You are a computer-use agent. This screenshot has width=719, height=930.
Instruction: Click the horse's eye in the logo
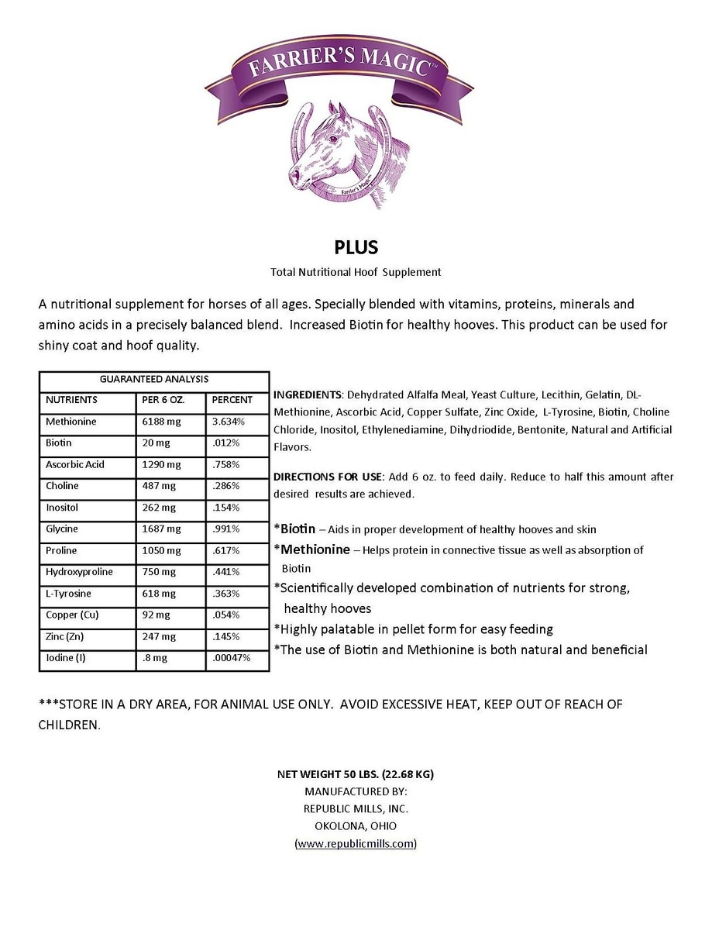click(x=334, y=139)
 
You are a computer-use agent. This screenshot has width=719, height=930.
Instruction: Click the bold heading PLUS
click(x=356, y=247)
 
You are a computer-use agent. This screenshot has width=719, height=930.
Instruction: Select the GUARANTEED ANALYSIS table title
click(x=153, y=380)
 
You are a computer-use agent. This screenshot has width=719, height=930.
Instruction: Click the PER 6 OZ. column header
click(x=161, y=400)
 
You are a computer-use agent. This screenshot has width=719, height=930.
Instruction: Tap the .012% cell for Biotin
click(x=225, y=443)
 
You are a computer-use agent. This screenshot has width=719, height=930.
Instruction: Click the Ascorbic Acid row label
click(x=74, y=465)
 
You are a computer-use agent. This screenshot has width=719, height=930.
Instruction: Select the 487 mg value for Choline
click(x=157, y=486)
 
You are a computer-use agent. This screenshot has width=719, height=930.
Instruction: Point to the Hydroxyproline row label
click(x=79, y=572)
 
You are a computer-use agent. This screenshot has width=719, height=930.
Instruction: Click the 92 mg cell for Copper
click(x=155, y=615)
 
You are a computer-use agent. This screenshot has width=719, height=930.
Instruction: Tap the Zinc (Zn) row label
click(x=67, y=636)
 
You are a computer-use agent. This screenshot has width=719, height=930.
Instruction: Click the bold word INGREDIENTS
click(x=308, y=394)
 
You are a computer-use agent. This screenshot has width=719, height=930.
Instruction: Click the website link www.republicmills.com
click(x=356, y=843)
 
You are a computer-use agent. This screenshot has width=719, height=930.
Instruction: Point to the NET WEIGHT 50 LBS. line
click(x=360, y=773)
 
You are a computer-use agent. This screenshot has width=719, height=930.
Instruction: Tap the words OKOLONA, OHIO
click(x=356, y=825)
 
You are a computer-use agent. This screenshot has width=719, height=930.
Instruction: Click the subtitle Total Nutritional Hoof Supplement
click(x=356, y=272)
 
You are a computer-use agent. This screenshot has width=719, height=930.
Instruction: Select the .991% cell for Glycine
click(x=226, y=529)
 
